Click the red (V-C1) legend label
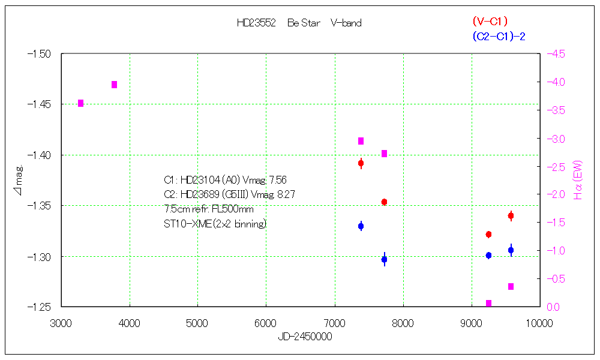pos(490,22)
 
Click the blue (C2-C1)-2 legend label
pos(499,37)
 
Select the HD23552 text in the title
pos(256,23)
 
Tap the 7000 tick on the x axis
pos(334,322)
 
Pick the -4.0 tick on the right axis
pos(555,82)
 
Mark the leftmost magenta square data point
pos(81,103)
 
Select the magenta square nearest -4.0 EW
pos(114,85)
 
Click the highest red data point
pos(361,163)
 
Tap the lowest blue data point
pos(384,260)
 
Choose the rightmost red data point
pos(511,216)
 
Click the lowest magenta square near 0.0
pos(488,304)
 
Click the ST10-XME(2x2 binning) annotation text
pos(215,224)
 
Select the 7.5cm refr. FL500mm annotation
pos(208,209)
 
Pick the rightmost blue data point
pos(511,251)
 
